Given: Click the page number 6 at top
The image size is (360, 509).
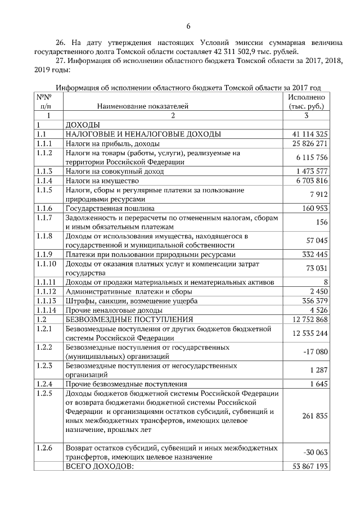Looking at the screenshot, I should click(x=188, y=26).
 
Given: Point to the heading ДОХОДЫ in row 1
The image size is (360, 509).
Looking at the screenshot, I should click(x=83, y=124).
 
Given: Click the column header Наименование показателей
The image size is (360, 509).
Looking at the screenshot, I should click(x=143, y=105).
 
